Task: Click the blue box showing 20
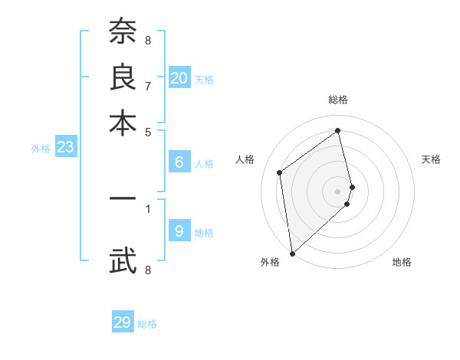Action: [179, 78]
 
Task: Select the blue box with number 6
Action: [179, 162]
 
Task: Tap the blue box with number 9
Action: [179, 231]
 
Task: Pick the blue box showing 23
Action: [65, 148]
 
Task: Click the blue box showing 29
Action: [123, 322]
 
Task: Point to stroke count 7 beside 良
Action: [147, 85]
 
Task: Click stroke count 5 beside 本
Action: [147, 131]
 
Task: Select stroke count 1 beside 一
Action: [147, 208]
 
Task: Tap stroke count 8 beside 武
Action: [147, 270]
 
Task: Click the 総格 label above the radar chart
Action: [338, 100]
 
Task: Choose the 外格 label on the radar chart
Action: [269, 262]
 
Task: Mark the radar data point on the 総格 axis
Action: [338, 130]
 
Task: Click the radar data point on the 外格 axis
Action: [292, 253]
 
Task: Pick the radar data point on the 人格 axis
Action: [280, 172]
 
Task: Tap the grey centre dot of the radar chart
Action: [338, 191]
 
